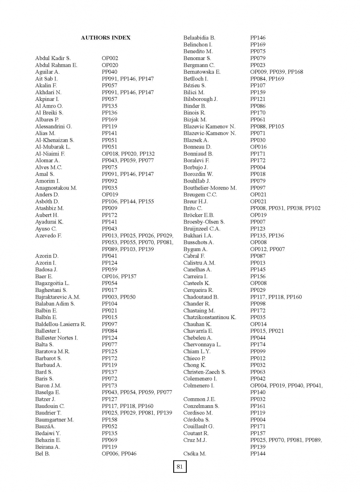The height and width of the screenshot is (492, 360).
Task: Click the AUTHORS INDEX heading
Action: click(106, 38)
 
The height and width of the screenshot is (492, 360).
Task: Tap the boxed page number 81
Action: click(180, 466)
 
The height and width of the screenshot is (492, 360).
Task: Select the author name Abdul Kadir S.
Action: click(53, 58)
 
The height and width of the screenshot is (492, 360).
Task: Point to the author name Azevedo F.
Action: click(48, 235)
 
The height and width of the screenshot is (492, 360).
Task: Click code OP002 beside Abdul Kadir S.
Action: click(110, 58)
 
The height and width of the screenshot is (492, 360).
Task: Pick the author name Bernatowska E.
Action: click(202, 72)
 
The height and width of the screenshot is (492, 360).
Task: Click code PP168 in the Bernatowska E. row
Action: click(296, 72)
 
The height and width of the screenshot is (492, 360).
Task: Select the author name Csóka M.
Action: click(194, 454)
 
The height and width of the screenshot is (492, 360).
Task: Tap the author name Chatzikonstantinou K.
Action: click(210, 317)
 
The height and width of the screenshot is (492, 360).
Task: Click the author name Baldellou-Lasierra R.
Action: click(60, 324)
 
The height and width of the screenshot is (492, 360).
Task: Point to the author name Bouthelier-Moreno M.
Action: click(210, 188)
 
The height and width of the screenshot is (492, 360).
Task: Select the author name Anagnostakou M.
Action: click(56, 188)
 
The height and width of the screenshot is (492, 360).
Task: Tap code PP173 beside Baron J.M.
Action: click(110, 385)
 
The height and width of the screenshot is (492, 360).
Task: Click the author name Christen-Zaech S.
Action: click(204, 372)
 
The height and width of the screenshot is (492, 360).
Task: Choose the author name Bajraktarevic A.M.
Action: click(58, 297)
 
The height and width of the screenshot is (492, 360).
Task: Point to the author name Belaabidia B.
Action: click(199, 38)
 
